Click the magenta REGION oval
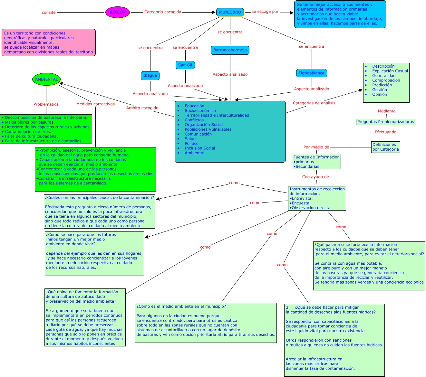pyautogui.click(x=118, y=12)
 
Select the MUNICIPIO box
pyautogui.click(x=230, y=12)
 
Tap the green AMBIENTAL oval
pyautogui.click(x=46, y=80)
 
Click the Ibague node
pyautogui.click(x=150, y=76)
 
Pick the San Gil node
pyautogui.click(x=185, y=65)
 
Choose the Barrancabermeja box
pyautogui.click(x=230, y=50)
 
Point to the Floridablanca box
pyautogui.click(x=312, y=73)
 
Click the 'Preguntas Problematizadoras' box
pyautogui.click(x=386, y=122)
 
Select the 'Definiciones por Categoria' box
pyautogui.click(x=386, y=147)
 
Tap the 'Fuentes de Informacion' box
pyautogui.click(x=316, y=162)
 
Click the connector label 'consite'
pyautogui.click(x=49, y=13)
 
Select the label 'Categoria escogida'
pyautogui.click(x=163, y=12)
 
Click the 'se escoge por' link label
pyautogui.click(x=265, y=12)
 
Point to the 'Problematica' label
pyautogui.click(x=46, y=104)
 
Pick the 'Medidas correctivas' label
pyautogui.click(x=95, y=104)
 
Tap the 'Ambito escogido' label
pyautogui.click(x=142, y=108)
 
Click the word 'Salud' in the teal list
pyautogui.click(x=190, y=139)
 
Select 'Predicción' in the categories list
pyautogui.click(x=382, y=85)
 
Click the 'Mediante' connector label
pyautogui.click(x=387, y=111)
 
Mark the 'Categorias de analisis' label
pyautogui.click(x=314, y=103)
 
